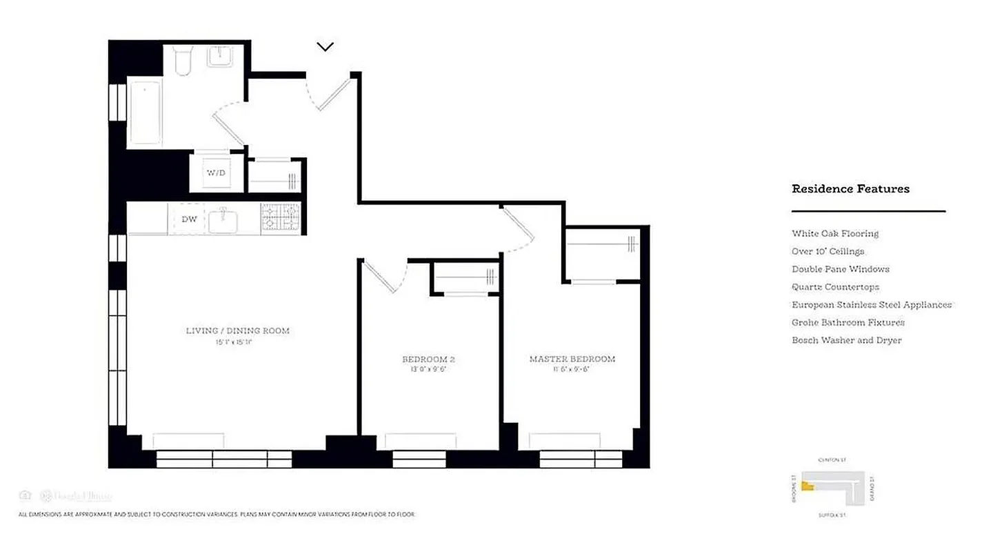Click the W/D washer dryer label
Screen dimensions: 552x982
coord(216,172)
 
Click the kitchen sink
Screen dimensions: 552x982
coord(223,221)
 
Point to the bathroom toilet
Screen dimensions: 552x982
coord(183,61)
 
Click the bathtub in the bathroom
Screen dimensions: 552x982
coord(146,113)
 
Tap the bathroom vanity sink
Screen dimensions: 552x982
coord(223,57)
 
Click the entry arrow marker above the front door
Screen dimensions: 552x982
coord(325,47)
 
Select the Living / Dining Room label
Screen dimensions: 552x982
coord(237,331)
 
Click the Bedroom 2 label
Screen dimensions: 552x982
coord(428,359)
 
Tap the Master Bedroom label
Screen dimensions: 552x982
coord(572,359)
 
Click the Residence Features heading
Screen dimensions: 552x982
coord(850,189)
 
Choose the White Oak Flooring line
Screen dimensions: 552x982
coord(835,234)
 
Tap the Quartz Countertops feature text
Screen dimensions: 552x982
coord(835,287)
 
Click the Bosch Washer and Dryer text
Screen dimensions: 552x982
coord(846,340)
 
